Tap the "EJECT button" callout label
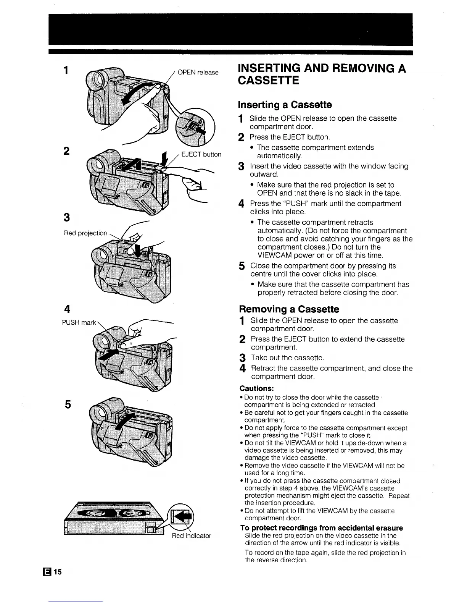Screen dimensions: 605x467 (x=201, y=154)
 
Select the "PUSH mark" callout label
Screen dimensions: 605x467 (x=79, y=322)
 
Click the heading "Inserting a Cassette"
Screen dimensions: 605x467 (x=285, y=105)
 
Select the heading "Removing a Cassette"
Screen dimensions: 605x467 (x=289, y=309)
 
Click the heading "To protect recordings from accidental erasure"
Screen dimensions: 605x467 (x=322, y=528)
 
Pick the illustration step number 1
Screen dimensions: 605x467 (x=66, y=70)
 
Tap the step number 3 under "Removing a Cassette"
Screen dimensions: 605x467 (x=242, y=358)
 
